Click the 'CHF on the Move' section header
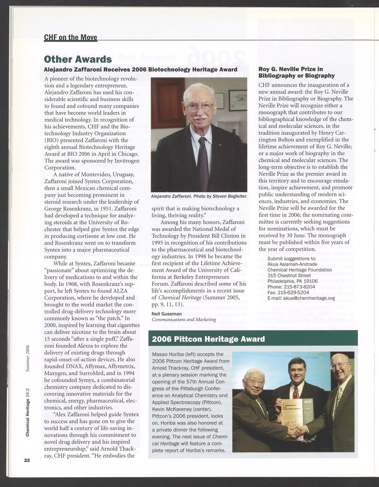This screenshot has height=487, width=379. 70,37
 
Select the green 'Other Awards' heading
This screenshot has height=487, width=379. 78,59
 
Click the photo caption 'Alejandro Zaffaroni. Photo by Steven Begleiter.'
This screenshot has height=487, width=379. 199,196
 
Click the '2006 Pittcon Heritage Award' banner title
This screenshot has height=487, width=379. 208,339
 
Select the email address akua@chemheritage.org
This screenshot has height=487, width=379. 301,298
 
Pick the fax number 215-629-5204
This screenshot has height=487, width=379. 288,292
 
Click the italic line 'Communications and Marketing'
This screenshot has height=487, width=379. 184,319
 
